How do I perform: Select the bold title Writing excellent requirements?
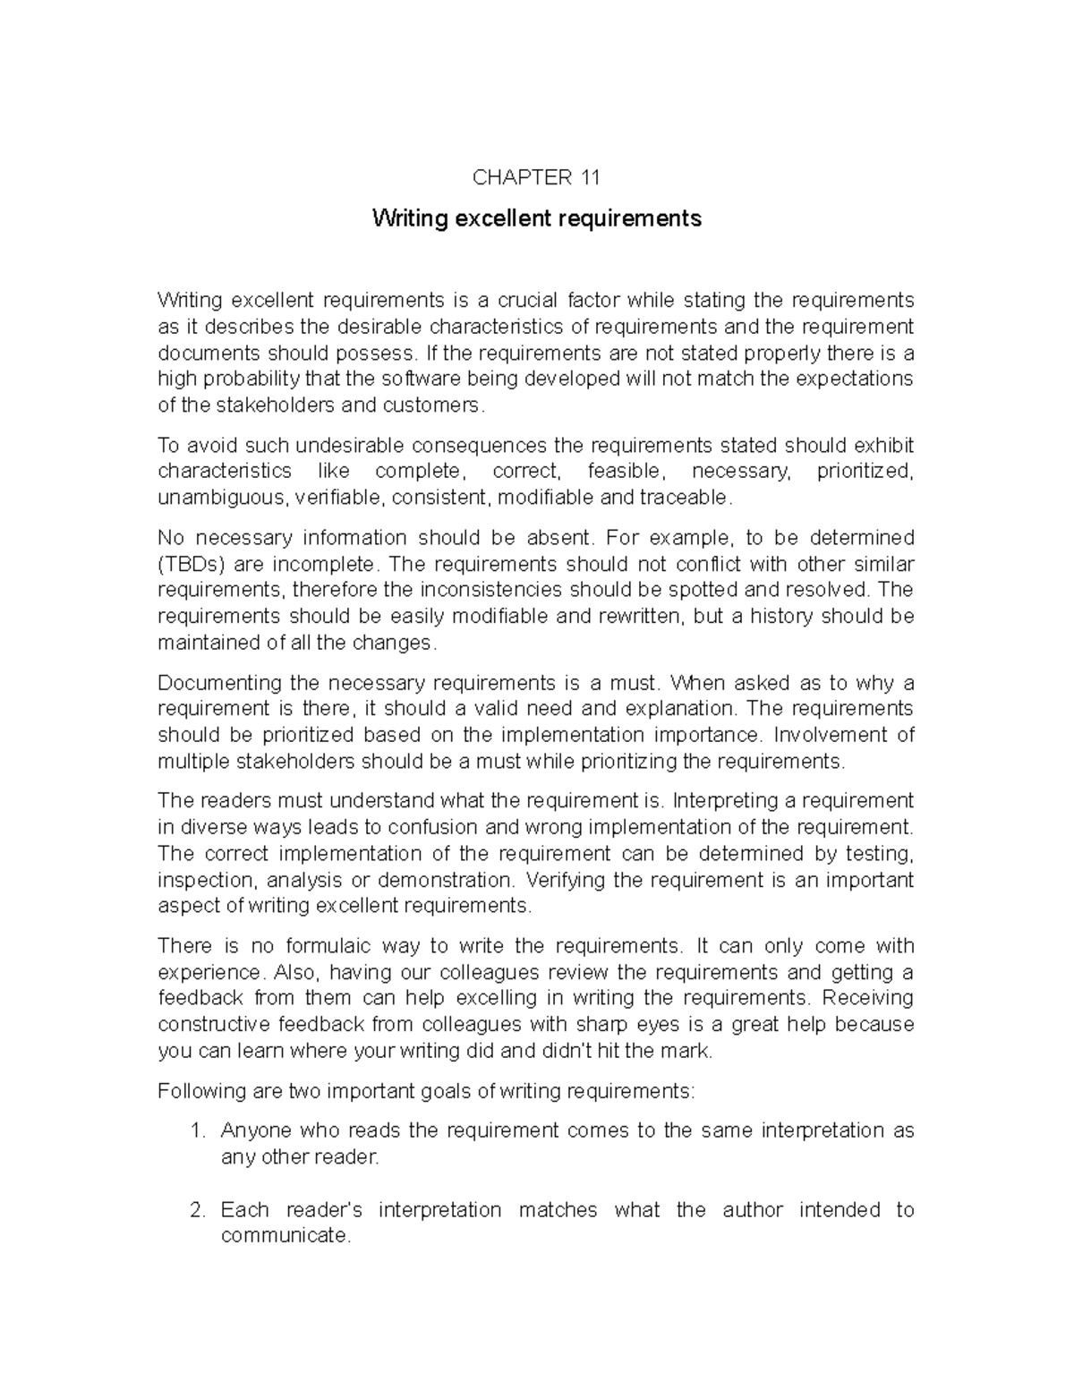[x=537, y=218]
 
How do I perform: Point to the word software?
[x=398, y=379]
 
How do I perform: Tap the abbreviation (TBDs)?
[x=190, y=565]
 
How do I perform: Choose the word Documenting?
[x=218, y=683]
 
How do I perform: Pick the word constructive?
[x=214, y=1025]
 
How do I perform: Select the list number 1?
[x=198, y=1131]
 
